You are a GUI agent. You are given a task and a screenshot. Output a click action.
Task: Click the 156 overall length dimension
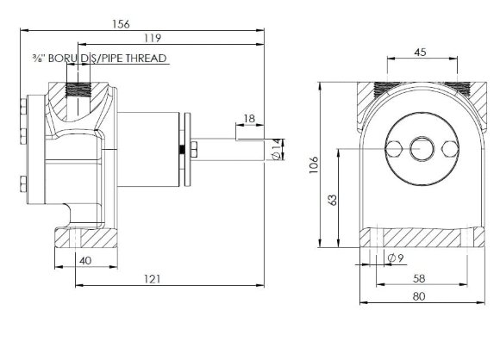(122, 24)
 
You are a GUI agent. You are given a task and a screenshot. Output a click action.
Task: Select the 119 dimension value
(153, 38)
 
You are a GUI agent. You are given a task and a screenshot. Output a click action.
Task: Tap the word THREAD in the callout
(146, 59)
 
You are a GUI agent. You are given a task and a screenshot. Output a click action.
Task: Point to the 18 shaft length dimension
(249, 119)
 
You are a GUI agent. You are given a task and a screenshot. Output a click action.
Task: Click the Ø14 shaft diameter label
(277, 149)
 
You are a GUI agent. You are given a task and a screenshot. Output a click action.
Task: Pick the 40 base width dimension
(85, 261)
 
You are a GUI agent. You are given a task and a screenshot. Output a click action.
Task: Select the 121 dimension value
(152, 279)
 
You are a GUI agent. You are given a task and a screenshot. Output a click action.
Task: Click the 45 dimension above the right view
(421, 52)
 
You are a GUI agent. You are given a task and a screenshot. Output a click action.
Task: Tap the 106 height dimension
(314, 164)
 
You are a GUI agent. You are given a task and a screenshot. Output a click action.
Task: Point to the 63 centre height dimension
(332, 200)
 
